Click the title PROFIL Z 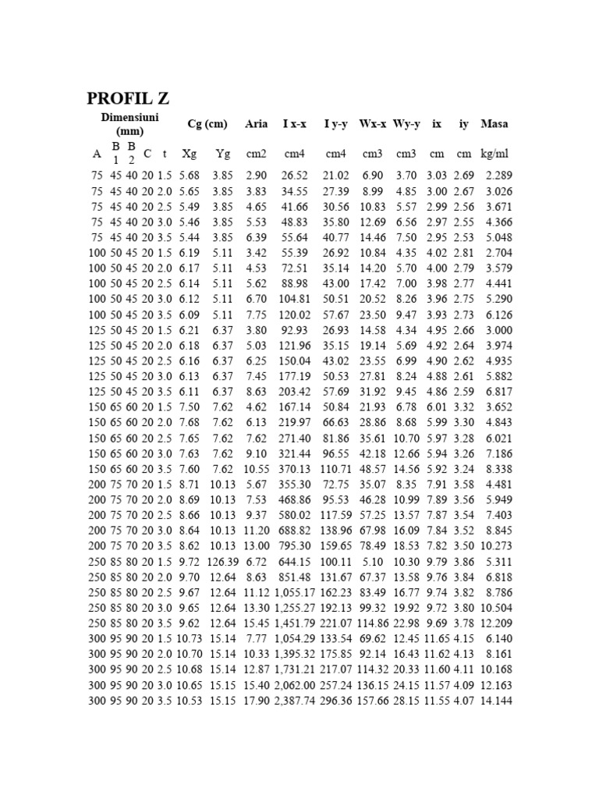click(126, 99)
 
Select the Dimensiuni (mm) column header click(129, 123)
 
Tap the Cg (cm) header click(207, 124)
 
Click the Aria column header click(256, 124)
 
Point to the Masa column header click(494, 124)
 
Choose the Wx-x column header click(373, 124)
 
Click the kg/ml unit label click(495, 154)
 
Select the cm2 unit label click(256, 154)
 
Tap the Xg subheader click(189, 154)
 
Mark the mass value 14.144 click(497, 701)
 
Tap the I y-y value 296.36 click(335, 701)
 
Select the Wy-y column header click(407, 124)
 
